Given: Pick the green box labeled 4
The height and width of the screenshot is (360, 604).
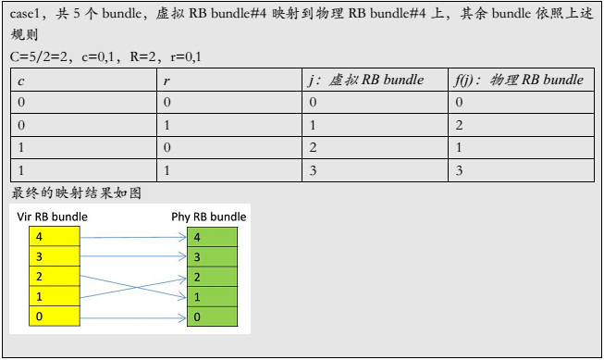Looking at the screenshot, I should click(x=213, y=237).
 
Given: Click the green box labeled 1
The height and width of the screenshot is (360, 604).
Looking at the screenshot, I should click(x=213, y=297).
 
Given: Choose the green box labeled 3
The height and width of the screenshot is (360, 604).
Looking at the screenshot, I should click(x=213, y=256).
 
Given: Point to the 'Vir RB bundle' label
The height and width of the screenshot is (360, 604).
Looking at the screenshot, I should click(x=53, y=217).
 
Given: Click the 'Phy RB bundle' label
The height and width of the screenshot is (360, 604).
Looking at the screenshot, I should click(x=209, y=217).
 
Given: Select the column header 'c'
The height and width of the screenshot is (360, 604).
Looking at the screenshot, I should click(x=20, y=80).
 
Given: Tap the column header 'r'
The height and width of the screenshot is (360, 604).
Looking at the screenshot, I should click(x=166, y=80).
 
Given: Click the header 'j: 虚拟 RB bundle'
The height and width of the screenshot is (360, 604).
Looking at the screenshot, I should click(x=365, y=80).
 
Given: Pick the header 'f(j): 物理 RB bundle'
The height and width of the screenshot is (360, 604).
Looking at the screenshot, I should click(x=519, y=80).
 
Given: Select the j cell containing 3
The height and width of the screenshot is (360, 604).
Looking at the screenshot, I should click(x=313, y=170).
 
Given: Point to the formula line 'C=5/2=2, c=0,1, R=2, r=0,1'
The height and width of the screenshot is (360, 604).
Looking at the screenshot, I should click(x=105, y=57).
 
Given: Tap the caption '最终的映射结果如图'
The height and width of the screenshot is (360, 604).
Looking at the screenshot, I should click(x=76, y=193).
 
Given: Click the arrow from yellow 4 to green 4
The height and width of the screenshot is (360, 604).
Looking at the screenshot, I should click(x=134, y=237).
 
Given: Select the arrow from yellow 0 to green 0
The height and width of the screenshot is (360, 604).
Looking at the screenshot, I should click(x=134, y=317).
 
